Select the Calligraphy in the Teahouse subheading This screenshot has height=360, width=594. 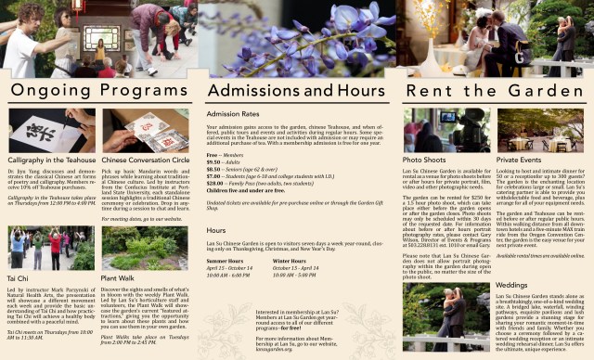(x=53, y=160)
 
